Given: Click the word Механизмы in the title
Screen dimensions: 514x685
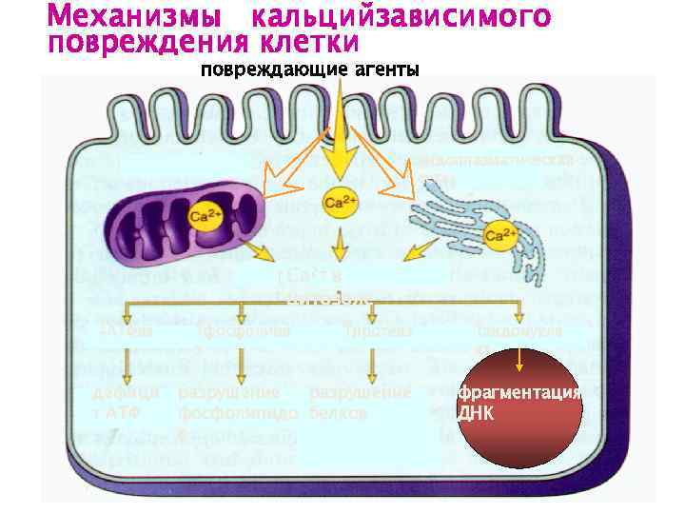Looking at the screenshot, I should click(132, 16).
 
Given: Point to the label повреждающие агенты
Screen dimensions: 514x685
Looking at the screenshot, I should click(308, 69).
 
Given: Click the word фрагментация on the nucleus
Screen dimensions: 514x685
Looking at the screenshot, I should click(519, 395).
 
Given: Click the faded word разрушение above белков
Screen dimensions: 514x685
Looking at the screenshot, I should click(359, 393).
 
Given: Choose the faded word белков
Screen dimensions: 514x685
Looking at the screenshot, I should click(338, 414).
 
